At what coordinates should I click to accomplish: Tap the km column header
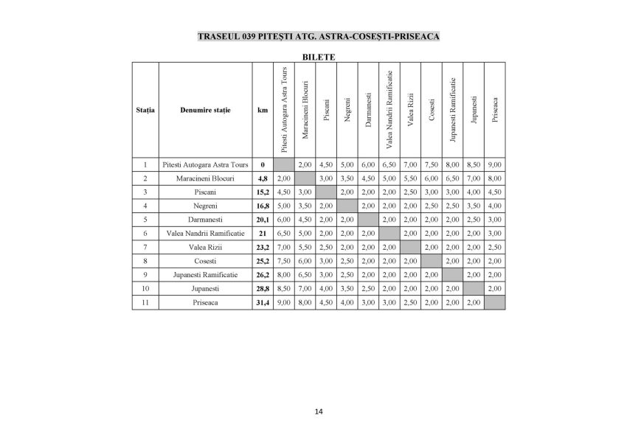262,111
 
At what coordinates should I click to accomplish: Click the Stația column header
146,111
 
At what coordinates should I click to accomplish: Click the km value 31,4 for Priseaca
262,303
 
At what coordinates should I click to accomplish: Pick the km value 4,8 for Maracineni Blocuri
262,178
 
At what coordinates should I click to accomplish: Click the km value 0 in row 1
262,164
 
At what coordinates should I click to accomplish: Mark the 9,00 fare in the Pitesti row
495,164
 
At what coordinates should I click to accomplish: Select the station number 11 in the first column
146,303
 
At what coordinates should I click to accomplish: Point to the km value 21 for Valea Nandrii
262,233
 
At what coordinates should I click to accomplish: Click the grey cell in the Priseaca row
495,303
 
